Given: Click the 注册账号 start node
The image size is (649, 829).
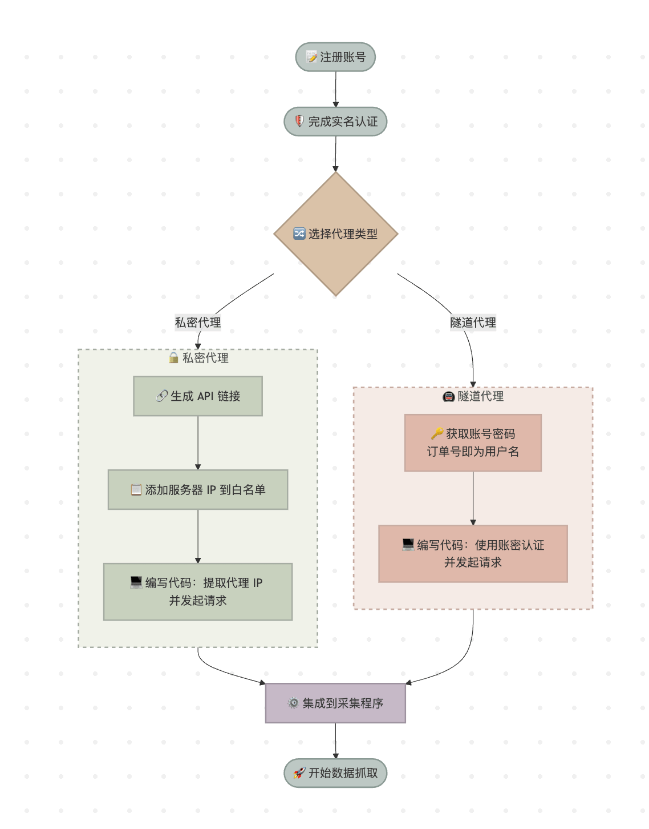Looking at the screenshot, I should click(x=335, y=57).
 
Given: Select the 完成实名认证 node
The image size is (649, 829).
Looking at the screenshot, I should click(x=335, y=122).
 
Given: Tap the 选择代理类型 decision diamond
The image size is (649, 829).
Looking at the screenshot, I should click(x=336, y=234).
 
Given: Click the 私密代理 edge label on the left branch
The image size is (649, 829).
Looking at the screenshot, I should click(x=198, y=323).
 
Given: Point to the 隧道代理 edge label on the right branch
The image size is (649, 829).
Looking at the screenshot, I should click(x=473, y=323).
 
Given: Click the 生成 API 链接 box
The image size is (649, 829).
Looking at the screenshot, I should click(x=198, y=396).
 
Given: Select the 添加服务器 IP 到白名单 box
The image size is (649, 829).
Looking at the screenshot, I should click(x=198, y=490).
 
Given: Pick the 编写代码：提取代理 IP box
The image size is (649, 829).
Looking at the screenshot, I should click(x=198, y=591).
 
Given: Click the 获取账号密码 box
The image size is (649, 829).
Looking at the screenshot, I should click(x=473, y=442).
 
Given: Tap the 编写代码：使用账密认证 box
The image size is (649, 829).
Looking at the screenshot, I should click(x=473, y=553).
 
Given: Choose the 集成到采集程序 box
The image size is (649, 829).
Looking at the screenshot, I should click(x=335, y=703).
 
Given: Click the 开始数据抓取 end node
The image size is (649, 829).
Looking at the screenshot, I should click(x=335, y=773).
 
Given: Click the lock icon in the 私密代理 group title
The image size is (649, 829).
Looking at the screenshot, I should click(x=173, y=358).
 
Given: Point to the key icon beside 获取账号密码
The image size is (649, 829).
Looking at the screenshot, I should click(x=437, y=434).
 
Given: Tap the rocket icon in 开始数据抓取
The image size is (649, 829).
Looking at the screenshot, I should click(x=299, y=773).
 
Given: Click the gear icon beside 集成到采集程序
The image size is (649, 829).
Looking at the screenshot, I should click(x=293, y=703).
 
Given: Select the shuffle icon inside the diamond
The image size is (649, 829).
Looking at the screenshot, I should click(x=299, y=234).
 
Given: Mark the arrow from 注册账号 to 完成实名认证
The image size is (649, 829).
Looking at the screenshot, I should click(x=335, y=89).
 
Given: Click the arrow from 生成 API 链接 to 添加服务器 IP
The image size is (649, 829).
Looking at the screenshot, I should click(x=198, y=442).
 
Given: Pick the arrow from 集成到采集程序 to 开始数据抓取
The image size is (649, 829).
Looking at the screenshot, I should click(x=335, y=741).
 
